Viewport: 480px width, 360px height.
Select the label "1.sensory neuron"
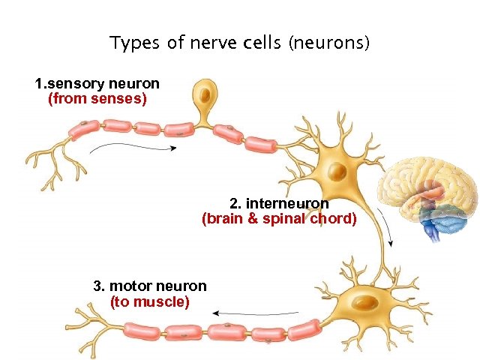tap(97, 83)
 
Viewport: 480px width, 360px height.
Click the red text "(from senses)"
tap(97, 98)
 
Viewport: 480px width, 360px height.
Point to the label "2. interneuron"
tap(279, 203)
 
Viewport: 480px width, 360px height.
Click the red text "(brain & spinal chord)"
tap(279, 219)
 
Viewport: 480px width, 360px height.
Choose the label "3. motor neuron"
tap(150, 286)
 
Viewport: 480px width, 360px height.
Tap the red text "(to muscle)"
tap(150, 301)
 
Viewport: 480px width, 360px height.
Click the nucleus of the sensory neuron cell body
tap(202, 94)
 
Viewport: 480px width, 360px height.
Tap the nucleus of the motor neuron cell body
tap(366, 303)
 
